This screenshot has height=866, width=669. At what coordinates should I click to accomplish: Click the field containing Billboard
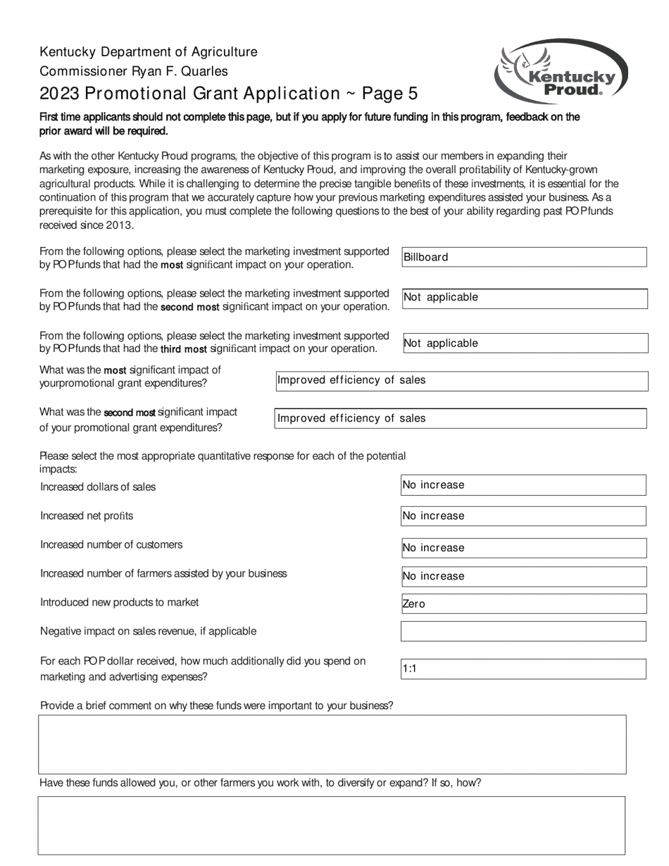click(524, 257)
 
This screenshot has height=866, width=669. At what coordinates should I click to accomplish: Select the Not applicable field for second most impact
click(524, 298)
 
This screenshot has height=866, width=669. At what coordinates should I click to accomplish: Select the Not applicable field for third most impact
click(524, 344)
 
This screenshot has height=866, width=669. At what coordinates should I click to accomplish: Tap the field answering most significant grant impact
click(461, 381)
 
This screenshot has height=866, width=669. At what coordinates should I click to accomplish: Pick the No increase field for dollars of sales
click(523, 485)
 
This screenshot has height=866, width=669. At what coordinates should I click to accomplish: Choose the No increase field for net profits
click(523, 516)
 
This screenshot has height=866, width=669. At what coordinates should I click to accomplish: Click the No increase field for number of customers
click(523, 548)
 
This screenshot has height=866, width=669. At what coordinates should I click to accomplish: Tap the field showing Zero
click(523, 604)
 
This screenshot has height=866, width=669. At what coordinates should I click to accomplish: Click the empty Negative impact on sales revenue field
click(523, 631)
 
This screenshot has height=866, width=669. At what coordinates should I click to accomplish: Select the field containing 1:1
click(523, 670)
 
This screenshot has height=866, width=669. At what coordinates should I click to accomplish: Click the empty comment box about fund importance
click(332, 744)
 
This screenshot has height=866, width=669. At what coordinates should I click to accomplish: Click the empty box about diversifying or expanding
click(332, 825)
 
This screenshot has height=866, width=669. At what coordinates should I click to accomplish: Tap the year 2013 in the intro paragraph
click(119, 225)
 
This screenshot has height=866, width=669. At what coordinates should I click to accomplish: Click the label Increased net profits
click(87, 516)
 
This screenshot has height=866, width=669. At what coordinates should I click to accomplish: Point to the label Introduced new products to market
click(119, 603)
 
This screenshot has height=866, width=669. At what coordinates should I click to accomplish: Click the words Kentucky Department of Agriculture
click(148, 52)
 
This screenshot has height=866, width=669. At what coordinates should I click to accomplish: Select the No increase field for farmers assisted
click(523, 577)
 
